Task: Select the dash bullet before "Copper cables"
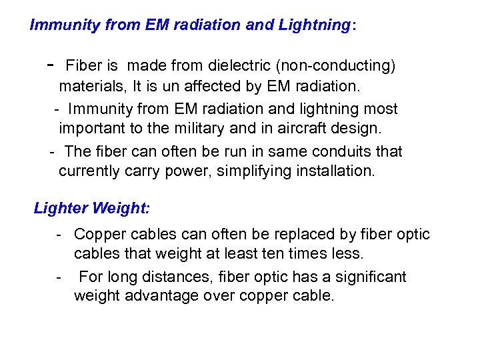click(x=60, y=235)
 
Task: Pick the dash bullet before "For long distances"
click(x=60, y=277)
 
